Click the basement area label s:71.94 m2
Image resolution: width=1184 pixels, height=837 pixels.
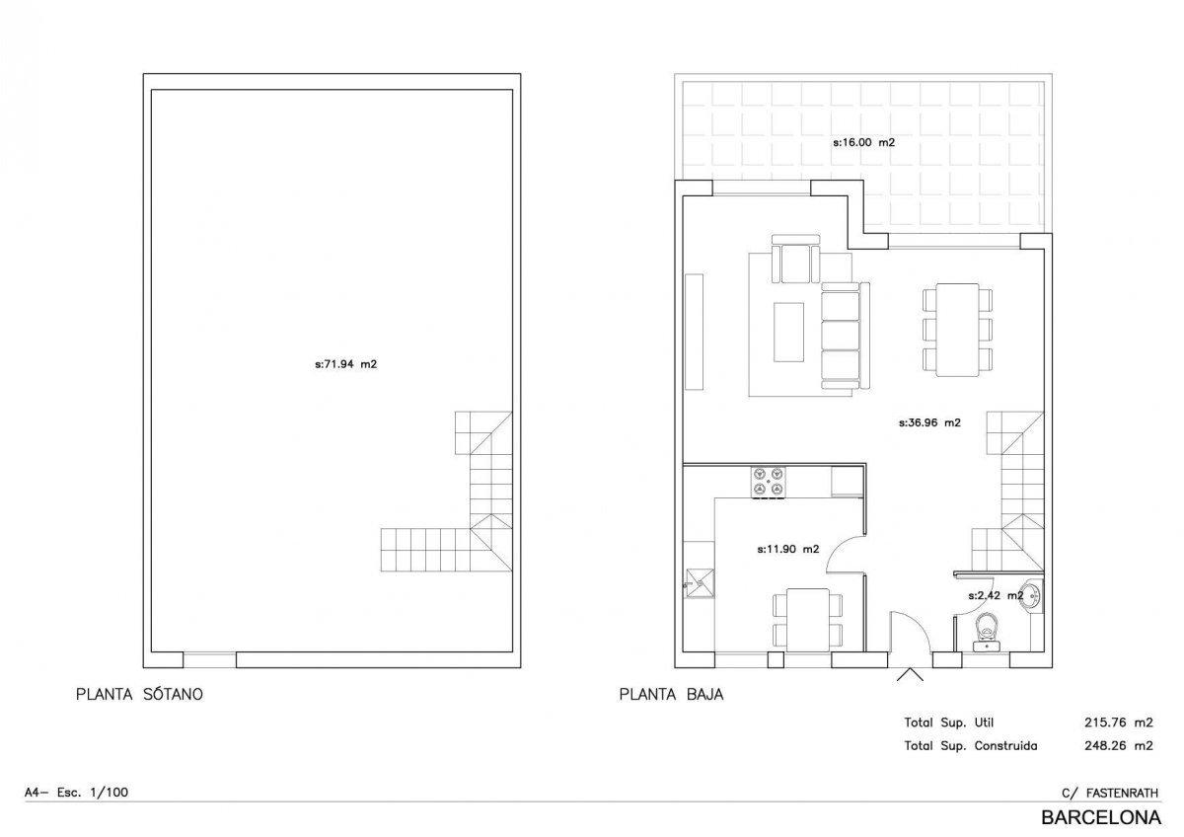point(345,364)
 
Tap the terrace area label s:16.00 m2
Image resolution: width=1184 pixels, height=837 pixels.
point(863,142)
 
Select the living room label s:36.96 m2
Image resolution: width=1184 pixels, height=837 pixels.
point(929,422)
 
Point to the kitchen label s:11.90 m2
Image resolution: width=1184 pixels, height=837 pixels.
point(788,549)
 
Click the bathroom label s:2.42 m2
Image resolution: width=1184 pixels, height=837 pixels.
point(996,595)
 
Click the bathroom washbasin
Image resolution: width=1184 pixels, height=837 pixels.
point(1032,596)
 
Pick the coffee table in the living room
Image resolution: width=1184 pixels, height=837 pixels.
point(788,332)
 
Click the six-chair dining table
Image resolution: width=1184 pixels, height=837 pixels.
point(957,330)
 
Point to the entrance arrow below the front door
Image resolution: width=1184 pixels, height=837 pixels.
point(910,675)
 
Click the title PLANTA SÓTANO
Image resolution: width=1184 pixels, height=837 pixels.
point(139,694)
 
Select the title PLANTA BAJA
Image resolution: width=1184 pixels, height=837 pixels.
point(671,694)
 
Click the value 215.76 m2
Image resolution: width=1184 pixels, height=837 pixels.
point(1119,723)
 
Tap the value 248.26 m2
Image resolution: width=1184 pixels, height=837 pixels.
point(1119,745)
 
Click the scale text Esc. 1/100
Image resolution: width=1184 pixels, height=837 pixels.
point(93,792)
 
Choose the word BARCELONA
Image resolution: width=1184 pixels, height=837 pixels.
point(1101,817)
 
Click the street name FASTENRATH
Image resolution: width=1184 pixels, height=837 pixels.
point(1122,794)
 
